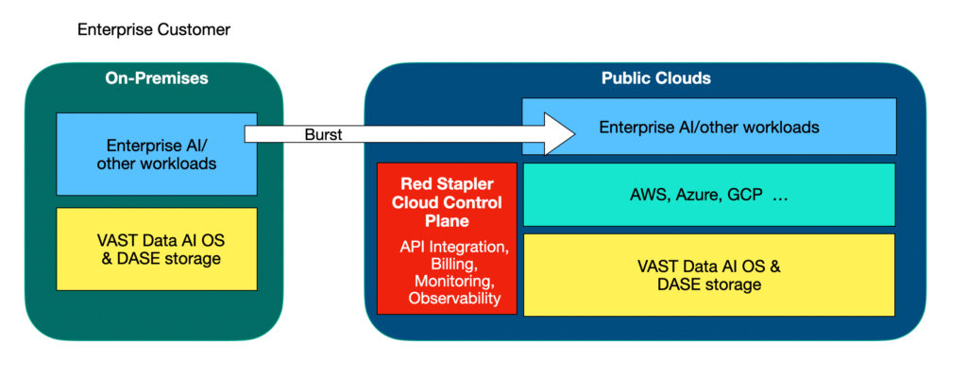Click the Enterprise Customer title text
click(153, 30)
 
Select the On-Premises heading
click(156, 78)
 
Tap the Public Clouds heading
click(655, 78)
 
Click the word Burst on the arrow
click(323, 135)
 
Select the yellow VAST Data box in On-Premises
click(156, 249)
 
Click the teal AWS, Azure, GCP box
click(708, 195)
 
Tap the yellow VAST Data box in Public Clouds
click(708, 274)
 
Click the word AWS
click(649, 196)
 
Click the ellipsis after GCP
click(782, 196)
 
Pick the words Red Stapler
click(447, 183)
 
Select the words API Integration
click(448, 248)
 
